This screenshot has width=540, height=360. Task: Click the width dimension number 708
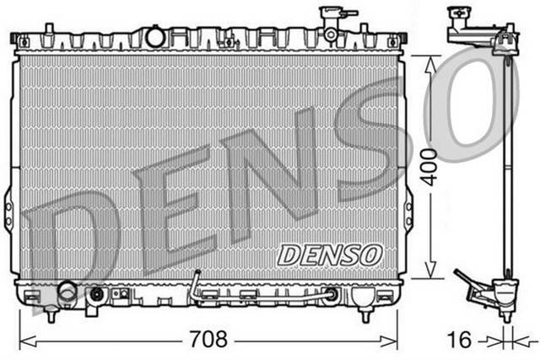coord(209,340)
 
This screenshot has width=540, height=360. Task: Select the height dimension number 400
coord(429,165)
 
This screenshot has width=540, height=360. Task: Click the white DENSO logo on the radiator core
coord(331,253)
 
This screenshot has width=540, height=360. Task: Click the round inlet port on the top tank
coord(154,36)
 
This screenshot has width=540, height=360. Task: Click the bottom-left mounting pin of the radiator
coord(52,317)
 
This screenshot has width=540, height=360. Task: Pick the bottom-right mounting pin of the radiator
coord(364,317)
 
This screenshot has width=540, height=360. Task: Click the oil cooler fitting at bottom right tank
coord(333,295)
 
